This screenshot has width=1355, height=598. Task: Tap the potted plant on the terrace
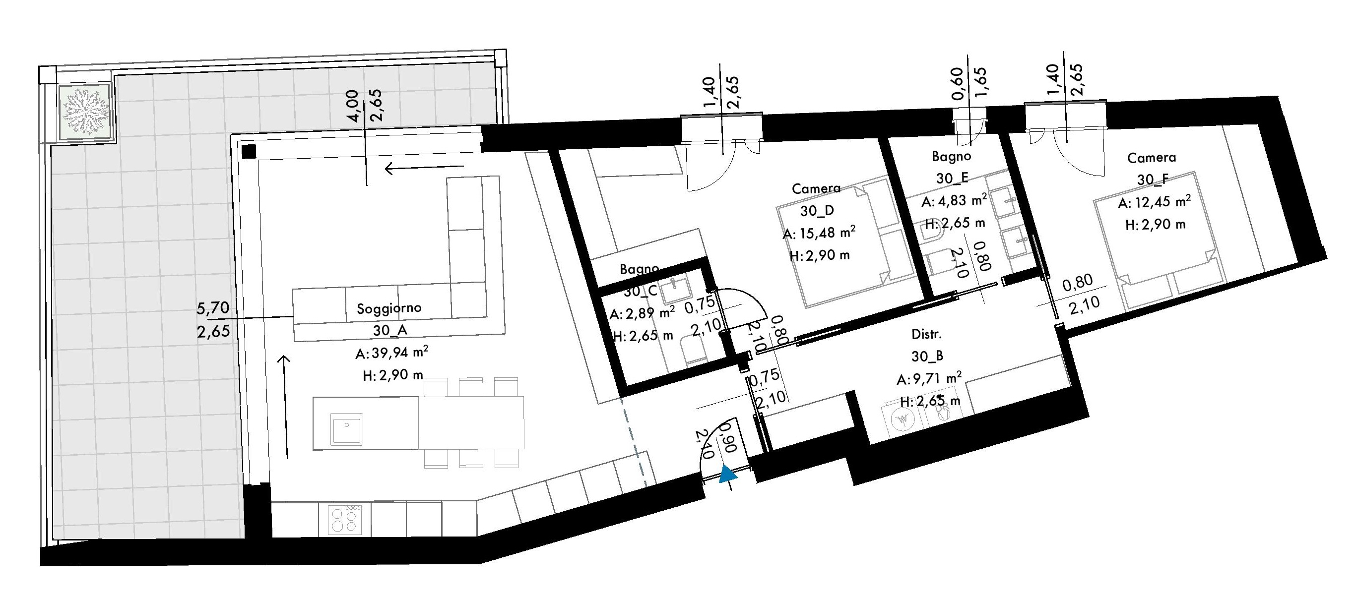86,112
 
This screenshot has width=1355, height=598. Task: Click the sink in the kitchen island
347,428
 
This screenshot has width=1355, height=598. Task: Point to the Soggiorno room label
389,308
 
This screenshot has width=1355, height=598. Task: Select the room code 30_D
817,211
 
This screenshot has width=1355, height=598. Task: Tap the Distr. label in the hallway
926,334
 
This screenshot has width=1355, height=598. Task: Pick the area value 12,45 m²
1154,202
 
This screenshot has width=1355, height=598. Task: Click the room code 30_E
952,178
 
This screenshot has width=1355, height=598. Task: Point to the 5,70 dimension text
213,308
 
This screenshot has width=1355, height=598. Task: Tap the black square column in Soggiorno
249,151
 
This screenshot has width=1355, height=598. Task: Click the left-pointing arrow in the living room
425,168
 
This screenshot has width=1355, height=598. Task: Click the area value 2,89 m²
643,313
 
